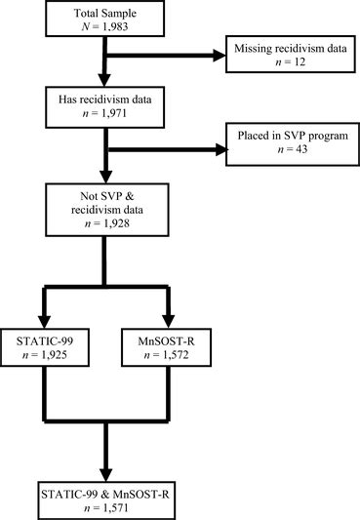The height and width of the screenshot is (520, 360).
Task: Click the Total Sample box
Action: point(93,28)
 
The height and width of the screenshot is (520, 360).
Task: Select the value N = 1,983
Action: point(93,36)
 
